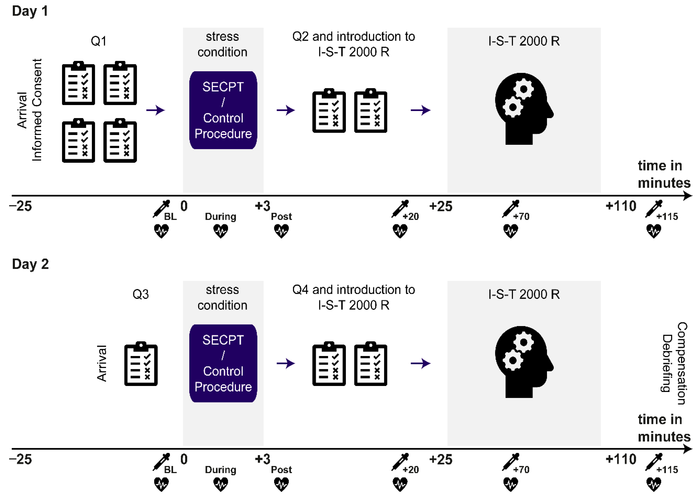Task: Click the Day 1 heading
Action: coord(30,11)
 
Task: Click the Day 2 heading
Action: coord(30,264)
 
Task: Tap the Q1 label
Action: coord(99,41)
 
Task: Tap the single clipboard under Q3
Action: coord(141,364)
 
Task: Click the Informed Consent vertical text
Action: coord(37,110)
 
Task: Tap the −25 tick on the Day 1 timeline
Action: coord(21,206)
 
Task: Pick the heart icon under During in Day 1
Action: coord(220,231)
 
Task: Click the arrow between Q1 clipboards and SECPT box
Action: coord(155,110)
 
